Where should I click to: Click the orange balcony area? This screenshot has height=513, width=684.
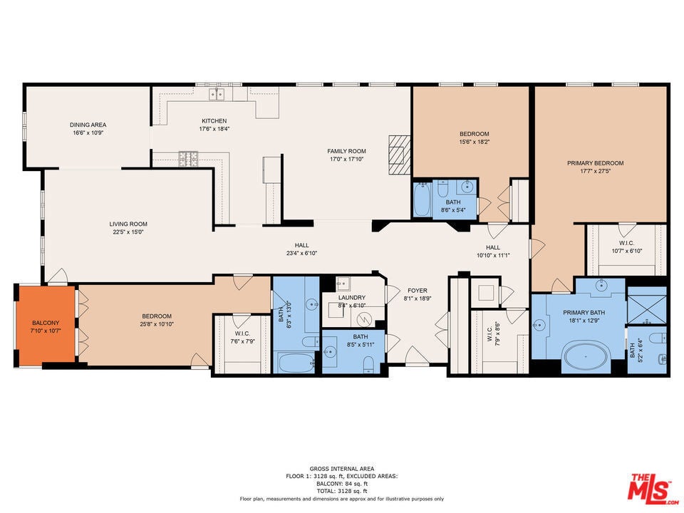point(45,326)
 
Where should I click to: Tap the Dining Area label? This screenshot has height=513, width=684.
point(88,125)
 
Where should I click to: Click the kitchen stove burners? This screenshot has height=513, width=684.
point(188,158)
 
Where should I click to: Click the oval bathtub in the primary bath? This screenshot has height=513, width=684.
point(588,356)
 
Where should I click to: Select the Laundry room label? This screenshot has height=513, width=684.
point(352,297)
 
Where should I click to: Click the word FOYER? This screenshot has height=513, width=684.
point(418,291)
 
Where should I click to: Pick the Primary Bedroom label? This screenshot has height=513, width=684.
point(595,163)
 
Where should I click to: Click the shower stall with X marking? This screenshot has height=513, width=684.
point(647,304)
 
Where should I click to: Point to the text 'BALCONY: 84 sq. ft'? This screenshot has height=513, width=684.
point(341,484)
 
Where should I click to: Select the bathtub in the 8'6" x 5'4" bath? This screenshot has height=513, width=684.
point(422,199)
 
